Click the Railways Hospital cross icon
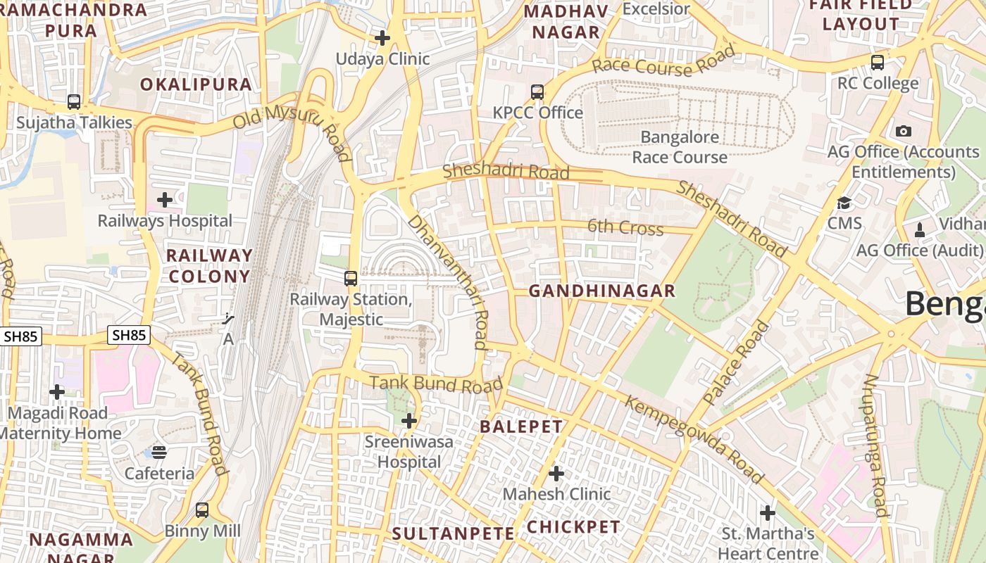coord(165,200)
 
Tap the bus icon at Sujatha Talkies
coord(74,101)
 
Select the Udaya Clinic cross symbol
coord(382,37)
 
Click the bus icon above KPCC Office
coord(537,91)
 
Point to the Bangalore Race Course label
coord(680,147)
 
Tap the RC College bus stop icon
coord(878,62)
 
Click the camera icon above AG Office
coord(904,131)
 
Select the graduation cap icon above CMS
coord(844,203)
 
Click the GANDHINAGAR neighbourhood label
coord(602,291)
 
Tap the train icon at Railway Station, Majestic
coord(351,278)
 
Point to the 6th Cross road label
coord(625,227)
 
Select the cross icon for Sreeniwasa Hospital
coord(408,421)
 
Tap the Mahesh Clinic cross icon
coord(556,473)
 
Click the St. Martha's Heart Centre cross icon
coord(768,512)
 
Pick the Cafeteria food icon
coord(160,453)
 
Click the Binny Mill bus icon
coord(202,510)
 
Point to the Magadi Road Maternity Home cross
coord(57,392)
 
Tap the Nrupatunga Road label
coord(875,445)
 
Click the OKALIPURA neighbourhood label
coord(196,84)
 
